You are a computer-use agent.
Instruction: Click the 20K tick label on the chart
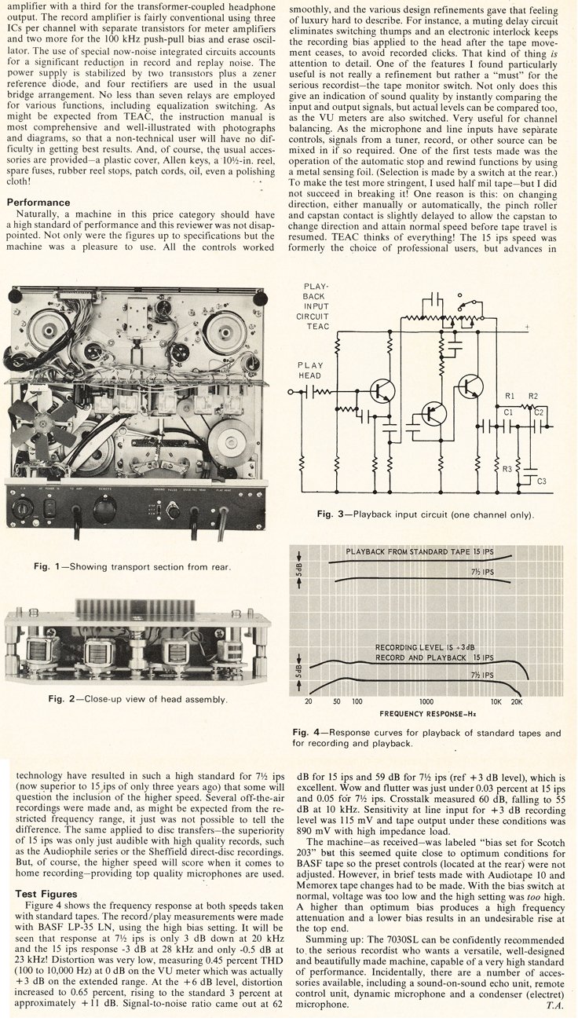(517, 701)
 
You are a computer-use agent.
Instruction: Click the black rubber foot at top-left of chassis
(14, 296)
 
